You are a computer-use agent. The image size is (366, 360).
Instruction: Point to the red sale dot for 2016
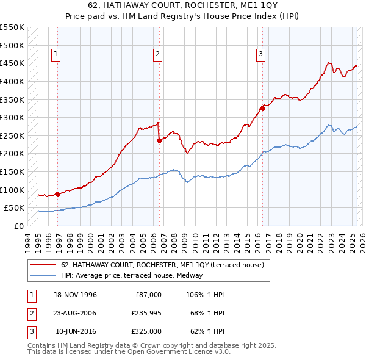pos(262,109)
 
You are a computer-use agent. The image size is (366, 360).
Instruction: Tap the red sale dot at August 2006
pos(160,140)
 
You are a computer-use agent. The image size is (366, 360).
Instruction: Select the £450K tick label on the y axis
pos(12,63)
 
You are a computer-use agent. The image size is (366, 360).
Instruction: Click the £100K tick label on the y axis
pos(12,190)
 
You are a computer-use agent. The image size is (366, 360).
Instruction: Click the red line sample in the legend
pos(43,265)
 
